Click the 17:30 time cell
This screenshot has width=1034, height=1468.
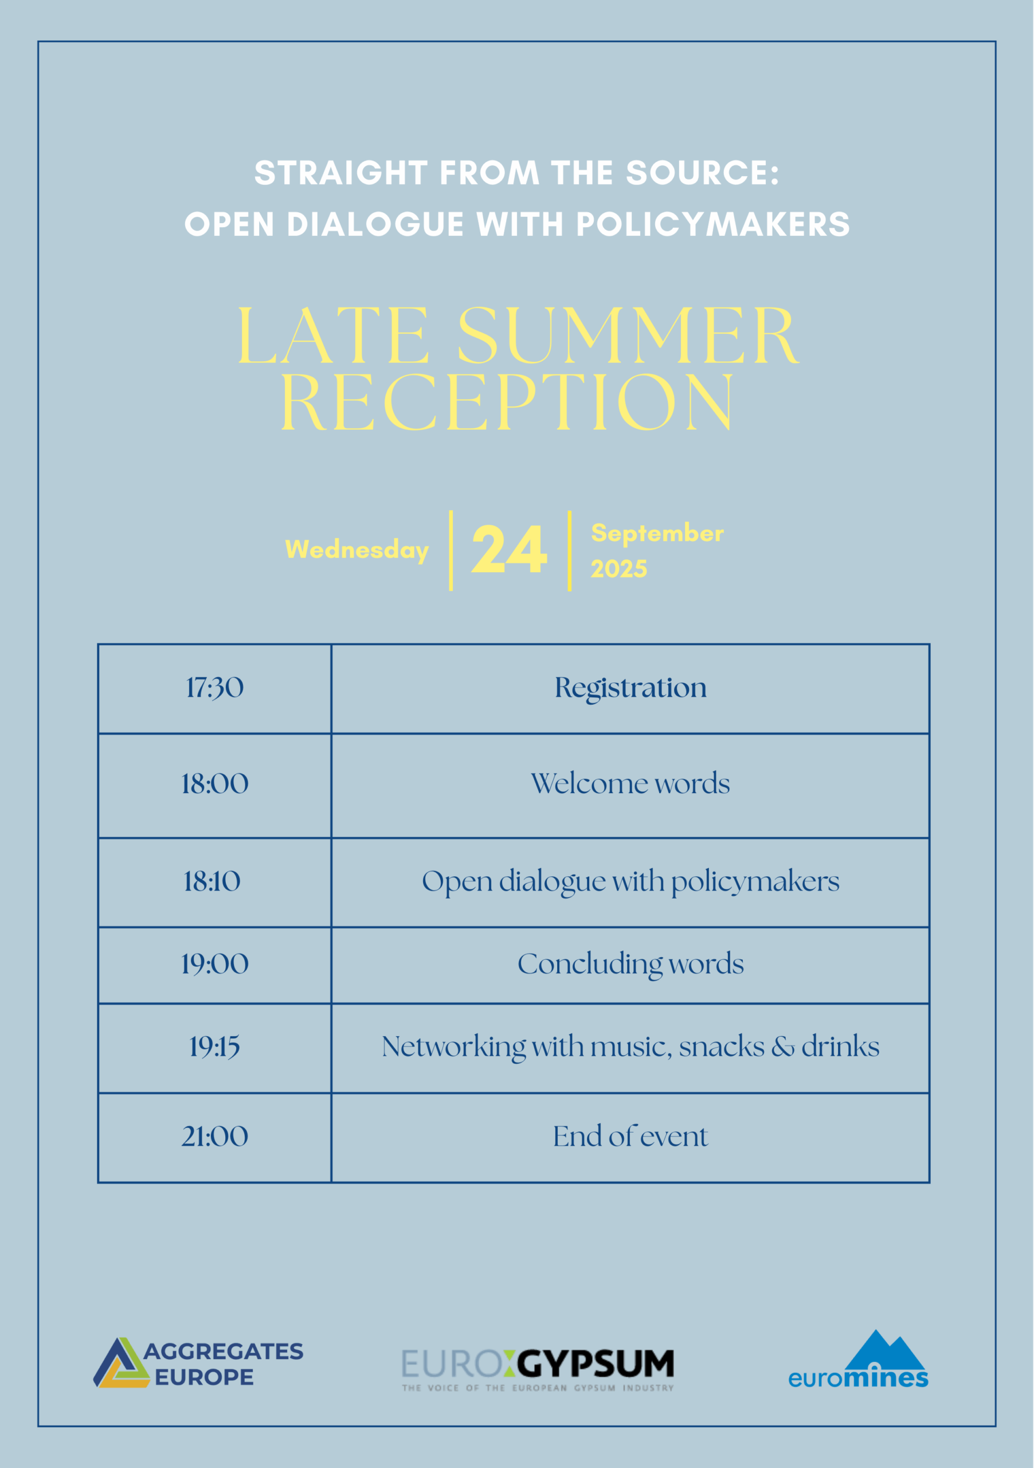(215, 688)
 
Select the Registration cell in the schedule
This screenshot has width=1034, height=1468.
(630, 689)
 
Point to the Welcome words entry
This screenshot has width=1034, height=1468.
(630, 783)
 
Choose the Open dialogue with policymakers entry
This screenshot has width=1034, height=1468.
(630, 883)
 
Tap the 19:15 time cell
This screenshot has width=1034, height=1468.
(215, 1047)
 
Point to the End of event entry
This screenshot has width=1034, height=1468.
(630, 1136)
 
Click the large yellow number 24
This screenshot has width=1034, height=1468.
(510, 549)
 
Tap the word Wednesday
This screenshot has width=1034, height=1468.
(357, 550)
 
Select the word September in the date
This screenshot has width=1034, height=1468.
(657, 533)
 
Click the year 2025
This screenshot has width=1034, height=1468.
(618, 568)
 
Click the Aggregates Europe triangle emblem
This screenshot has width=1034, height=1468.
(122, 1363)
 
